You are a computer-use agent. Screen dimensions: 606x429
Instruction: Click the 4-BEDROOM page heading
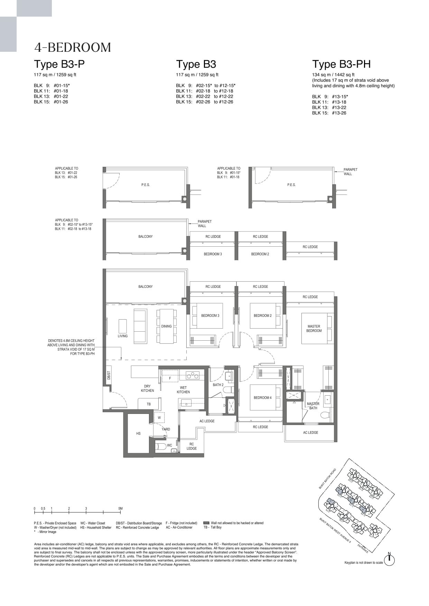[73, 47]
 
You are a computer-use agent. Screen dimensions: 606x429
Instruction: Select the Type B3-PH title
[341, 64]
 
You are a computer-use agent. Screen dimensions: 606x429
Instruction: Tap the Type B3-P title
[59, 64]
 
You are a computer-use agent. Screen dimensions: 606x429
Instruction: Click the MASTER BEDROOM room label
[314, 329]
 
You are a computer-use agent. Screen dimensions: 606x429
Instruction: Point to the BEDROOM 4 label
[262, 398]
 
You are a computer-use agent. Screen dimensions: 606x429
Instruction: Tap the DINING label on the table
[166, 326]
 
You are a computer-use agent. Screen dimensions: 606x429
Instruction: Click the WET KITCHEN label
[183, 390]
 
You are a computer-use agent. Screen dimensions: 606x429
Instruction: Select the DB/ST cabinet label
[109, 376]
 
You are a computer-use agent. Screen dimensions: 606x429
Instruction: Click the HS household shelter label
[138, 433]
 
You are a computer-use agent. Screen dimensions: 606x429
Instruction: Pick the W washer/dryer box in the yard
[159, 418]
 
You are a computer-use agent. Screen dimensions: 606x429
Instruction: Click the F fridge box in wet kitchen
[170, 379]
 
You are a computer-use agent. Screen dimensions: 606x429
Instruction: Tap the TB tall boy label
[149, 404]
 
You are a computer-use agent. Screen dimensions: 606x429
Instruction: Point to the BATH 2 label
[218, 385]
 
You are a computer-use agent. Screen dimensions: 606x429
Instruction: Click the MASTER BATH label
[313, 406]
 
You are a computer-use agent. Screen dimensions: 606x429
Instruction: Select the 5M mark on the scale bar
[120, 509]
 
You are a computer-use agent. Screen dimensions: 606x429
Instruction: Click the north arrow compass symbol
[389, 560]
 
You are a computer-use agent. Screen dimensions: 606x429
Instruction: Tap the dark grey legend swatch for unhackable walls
[206, 523]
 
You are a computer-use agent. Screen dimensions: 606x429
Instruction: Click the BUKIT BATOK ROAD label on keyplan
[327, 479]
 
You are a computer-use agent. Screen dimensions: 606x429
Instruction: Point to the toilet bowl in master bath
[325, 415]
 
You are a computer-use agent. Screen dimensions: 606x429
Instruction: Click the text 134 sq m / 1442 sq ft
[333, 75]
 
